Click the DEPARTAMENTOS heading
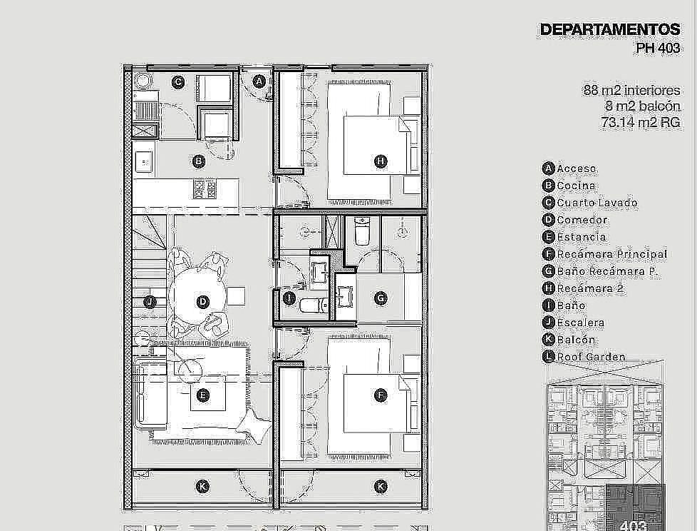click(x=610, y=29)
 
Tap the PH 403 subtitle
click(x=658, y=48)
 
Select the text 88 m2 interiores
click(x=631, y=91)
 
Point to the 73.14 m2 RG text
click(x=641, y=122)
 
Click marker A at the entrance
click(x=259, y=81)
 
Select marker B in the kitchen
click(x=199, y=161)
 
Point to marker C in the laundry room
click(x=177, y=82)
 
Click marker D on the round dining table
click(x=202, y=302)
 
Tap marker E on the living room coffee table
click(x=202, y=395)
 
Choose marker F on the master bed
click(x=381, y=395)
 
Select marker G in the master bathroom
click(x=381, y=298)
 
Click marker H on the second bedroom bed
click(x=381, y=161)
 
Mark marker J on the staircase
click(x=150, y=302)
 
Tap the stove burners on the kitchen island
click(x=205, y=188)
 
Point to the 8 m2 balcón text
click(x=642, y=106)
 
